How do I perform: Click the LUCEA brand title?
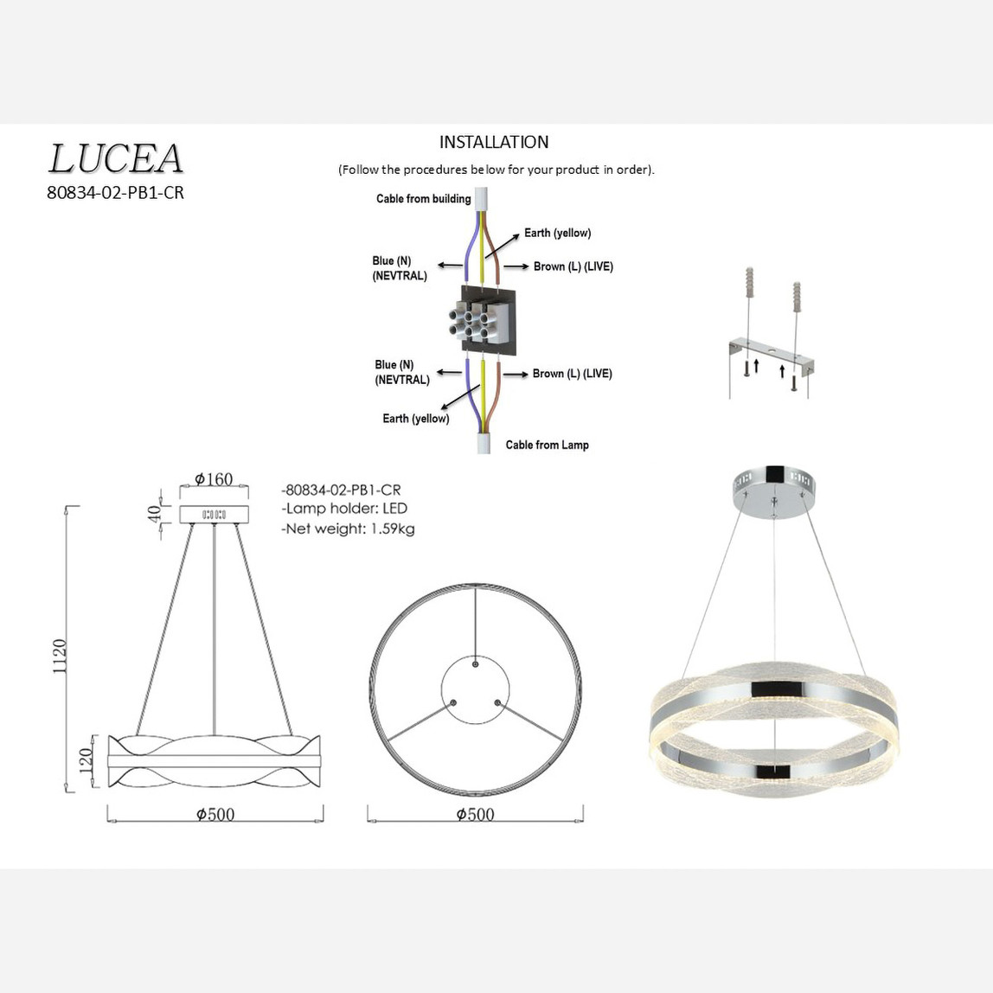(115, 159)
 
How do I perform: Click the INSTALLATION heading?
(493, 142)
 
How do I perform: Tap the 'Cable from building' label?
(423, 199)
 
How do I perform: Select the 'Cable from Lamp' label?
(547, 445)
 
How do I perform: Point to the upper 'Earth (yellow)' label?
(557, 233)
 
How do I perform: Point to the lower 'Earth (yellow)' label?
(415, 419)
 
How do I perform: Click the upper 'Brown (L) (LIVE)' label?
(573, 266)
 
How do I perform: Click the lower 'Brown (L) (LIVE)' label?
(572, 374)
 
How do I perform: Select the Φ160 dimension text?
(214, 479)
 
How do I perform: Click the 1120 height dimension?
(60, 657)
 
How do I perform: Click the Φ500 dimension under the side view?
(215, 814)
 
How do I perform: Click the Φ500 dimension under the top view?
(475, 814)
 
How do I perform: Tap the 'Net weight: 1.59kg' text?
(348, 529)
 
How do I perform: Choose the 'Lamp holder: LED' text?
(343, 509)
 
